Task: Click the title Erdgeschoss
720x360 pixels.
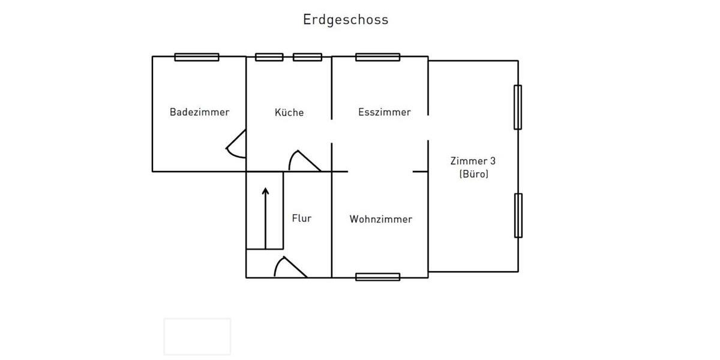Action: click(346, 20)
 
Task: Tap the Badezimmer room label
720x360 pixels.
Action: click(199, 112)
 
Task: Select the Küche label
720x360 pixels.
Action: click(289, 112)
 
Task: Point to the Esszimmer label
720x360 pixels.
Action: click(384, 112)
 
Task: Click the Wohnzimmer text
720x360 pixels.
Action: click(380, 219)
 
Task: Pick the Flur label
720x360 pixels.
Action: click(301, 218)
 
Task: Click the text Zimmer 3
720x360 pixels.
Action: click(473, 161)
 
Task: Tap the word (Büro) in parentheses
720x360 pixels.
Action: click(473, 175)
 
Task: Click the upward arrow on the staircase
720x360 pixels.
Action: click(265, 216)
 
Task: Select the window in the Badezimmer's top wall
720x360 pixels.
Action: click(197, 57)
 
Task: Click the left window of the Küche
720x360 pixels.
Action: click(269, 57)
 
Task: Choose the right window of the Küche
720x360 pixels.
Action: click(307, 57)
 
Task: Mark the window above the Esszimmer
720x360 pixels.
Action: click(377, 57)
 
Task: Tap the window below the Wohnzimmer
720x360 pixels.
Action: click(377, 277)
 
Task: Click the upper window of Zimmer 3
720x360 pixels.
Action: click(517, 107)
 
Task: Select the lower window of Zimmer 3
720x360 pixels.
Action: click(517, 215)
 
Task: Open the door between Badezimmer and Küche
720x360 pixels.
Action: click(237, 145)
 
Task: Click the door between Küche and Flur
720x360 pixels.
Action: click(304, 161)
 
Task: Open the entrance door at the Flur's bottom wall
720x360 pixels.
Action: click(289, 268)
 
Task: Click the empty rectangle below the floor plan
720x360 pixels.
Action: click(197, 336)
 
